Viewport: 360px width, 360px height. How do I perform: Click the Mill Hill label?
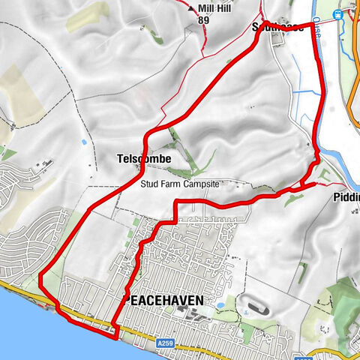(214, 9)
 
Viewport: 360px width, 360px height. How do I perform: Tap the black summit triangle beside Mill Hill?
(191, 9)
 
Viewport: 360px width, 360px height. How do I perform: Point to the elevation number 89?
(202, 21)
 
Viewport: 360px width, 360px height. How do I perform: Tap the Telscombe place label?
(144, 159)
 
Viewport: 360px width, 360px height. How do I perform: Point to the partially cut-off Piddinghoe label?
(343, 200)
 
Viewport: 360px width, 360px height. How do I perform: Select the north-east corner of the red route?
(311, 25)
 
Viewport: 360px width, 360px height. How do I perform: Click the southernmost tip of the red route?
(116, 336)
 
